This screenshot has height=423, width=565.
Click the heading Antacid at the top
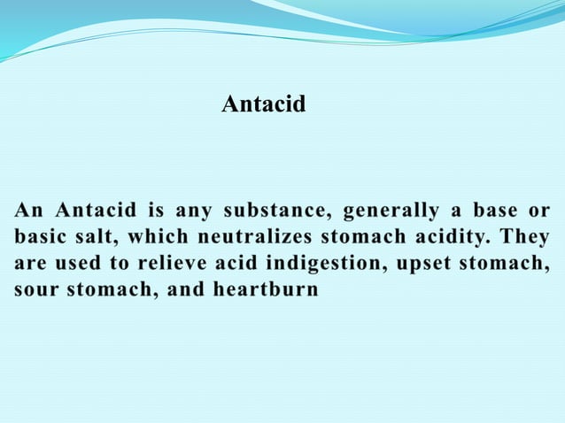pos(263,104)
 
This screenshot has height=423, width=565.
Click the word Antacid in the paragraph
pos(96,211)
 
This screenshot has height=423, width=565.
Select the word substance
pos(275,211)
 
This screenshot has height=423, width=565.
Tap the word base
pos(495,211)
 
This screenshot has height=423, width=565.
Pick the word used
pos(87,263)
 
